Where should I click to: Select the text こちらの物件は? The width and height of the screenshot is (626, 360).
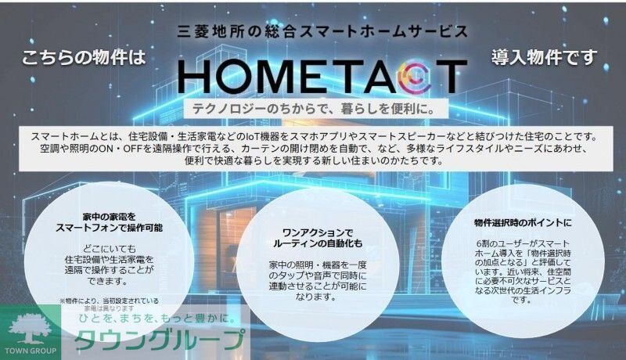coord(84,57)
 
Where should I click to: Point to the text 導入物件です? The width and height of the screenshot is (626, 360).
coord(545,57)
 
